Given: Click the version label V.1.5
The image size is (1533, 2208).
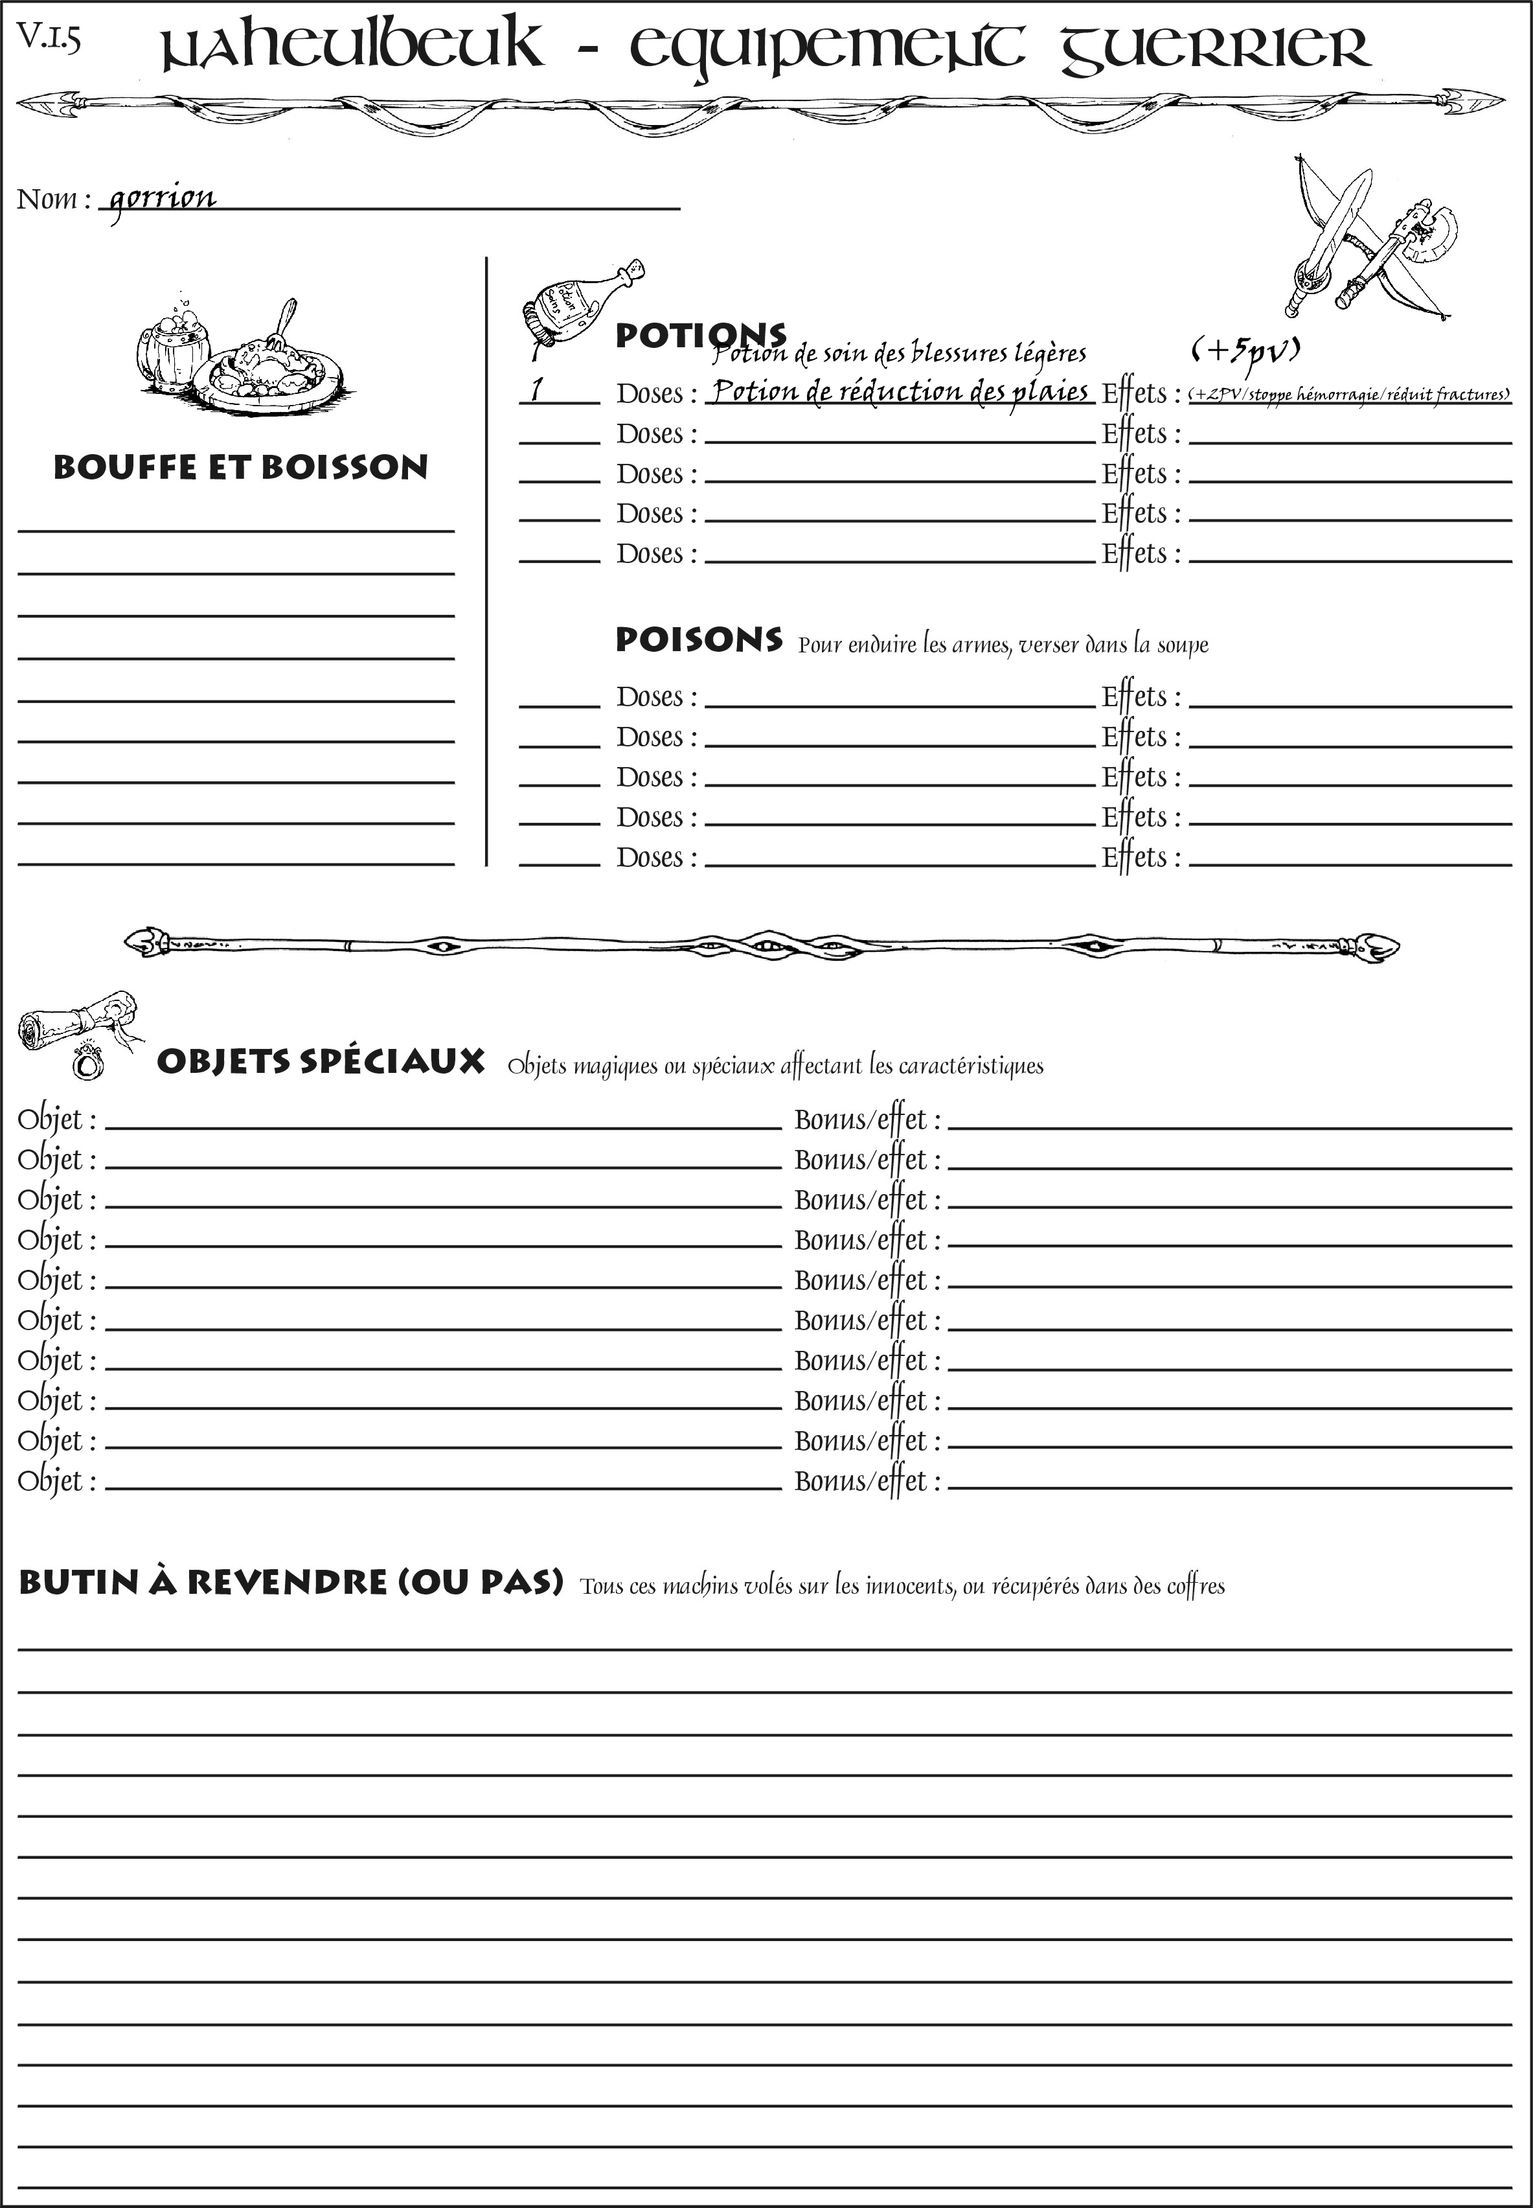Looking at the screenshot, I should coord(48,38).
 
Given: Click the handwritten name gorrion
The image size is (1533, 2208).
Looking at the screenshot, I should coord(161,199).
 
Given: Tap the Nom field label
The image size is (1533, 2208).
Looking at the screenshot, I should coord(53,199).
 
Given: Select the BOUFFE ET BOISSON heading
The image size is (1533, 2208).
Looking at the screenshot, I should coord(240,468).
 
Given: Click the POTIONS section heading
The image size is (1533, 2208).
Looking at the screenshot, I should coord(700,336).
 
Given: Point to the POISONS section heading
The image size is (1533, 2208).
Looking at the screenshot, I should coord(698,640).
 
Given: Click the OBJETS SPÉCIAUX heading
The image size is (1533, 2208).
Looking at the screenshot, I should coord(321,1062).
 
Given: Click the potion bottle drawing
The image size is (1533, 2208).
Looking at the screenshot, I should coord(576,300).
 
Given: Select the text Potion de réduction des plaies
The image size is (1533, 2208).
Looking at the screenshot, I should coord(900,392).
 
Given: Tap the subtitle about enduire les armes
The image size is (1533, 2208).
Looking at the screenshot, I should coord(1003,645).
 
